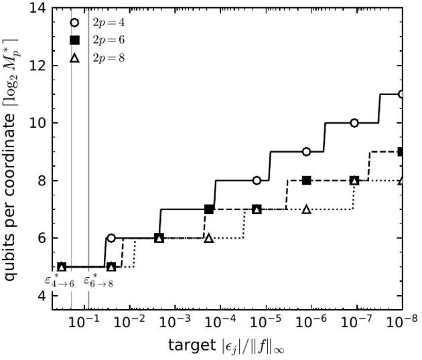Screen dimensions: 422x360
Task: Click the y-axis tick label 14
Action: pyautogui.click(x=38, y=8)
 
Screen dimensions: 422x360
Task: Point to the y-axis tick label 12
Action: pyautogui.click(x=38, y=66)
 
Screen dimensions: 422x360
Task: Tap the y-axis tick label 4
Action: pyautogui.click(x=42, y=296)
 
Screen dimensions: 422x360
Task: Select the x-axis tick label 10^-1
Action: pyautogui.click(x=84, y=321)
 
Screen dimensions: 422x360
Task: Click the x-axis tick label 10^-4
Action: pyautogui.click(x=220, y=321)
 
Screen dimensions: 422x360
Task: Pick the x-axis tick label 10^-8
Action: pyautogui.click(x=402, y=321)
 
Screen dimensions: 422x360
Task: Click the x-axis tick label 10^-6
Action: pyautogui.click(x=311, y=321)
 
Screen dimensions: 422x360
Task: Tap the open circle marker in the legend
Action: pyautogui.click(x=74, y=22)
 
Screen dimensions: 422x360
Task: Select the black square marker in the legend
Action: pyautogui.click(x=74, y=40)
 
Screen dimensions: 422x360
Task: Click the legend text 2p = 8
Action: pyautogui.click(x=109, y=58)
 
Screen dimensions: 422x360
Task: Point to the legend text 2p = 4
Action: pyautogui.click(x=109, y=23)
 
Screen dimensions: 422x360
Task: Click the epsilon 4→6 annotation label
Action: pyautogui.click(x=60, y=280)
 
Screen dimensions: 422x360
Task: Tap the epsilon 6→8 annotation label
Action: pyautogui.click(x=98, y=280)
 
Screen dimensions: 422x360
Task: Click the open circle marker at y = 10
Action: pyautogui.click(x=354, y=123)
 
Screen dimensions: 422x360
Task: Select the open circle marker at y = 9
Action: pyautogui.click(x=306, y=152)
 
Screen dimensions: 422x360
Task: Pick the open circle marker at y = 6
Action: pyautogui.click(x=111, y=238)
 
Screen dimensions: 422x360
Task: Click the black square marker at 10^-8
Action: pyautogui.click(x=400, y=152)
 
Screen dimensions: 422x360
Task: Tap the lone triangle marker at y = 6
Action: pyautogui.click(x=209, y=238)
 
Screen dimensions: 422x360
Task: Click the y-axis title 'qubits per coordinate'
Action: pyautogui.click(x=10, y=197)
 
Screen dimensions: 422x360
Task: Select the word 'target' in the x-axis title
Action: pyautogui.click(x=192, y=345)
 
